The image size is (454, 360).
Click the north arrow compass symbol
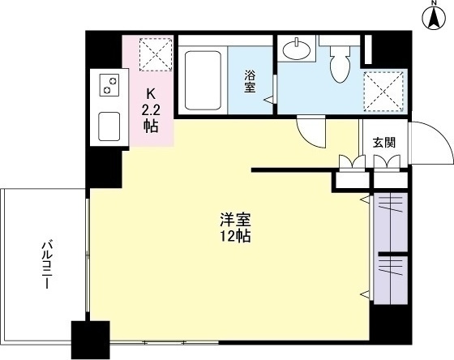click(434, 17)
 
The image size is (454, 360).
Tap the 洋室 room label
click(235, 221)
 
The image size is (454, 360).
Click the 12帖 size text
click(235, 237)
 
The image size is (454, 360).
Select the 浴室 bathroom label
click(250, 81)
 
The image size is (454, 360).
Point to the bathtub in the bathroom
click(203, 80)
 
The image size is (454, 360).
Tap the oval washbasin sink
click(297, 49)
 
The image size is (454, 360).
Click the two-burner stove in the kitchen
click(109, 85)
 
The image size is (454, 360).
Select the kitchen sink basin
click(109, 126)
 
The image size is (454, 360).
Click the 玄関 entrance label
click(383, 143)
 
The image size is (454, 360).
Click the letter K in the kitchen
click(151, 94)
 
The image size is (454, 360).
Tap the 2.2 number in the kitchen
click(151, 110)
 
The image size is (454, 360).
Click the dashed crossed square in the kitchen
click(156, 54)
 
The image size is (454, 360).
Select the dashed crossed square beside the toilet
click(383, 92)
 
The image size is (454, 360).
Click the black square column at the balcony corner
click(90, 340)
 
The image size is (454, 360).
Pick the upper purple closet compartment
click(391, 222)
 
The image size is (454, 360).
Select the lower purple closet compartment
click(391, 281)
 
